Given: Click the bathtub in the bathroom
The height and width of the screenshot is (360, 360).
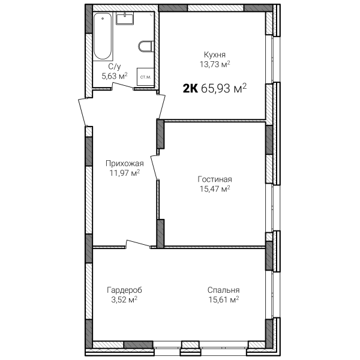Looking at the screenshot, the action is click(x=103, y=37).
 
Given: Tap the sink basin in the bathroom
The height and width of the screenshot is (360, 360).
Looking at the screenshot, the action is click(x=125, y=19).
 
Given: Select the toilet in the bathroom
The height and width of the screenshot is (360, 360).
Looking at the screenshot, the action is click(x=146, y=46).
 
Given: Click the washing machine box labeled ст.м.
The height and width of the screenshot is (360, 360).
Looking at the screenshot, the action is click(x=145, y=77).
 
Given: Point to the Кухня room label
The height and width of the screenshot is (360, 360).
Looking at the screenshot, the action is click(x=215, y=55).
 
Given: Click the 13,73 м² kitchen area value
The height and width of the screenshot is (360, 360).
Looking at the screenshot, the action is click(x=215, y=64).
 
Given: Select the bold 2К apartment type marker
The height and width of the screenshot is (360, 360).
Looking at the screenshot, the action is click(x=190, y=88).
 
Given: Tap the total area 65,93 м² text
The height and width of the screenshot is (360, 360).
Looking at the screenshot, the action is click(x=224, y=88).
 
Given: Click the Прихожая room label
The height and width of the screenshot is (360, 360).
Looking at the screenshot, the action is click(x=125, y=163).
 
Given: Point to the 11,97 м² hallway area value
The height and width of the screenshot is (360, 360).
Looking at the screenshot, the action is click(x=125, y=173).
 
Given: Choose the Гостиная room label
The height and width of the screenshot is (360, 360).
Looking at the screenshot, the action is click(x=215, y=179).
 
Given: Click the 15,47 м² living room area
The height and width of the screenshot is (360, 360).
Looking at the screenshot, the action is click(x=215, y=189).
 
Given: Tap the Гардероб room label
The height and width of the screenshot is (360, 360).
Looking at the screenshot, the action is click(x=124, y=290).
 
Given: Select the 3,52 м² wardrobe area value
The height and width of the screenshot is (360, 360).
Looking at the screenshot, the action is click(x=124, y=299).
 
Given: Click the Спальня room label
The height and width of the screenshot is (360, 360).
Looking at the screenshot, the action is click(x=223, y=290).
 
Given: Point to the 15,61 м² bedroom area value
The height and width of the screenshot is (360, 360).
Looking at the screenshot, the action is click(x=224, y=299).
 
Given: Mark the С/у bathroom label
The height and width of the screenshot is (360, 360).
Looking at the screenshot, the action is click(x=115, y=67).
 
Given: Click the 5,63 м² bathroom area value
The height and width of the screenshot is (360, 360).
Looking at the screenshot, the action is click(x=115, y=76).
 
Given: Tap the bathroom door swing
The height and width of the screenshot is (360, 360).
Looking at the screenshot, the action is click(x=122, y=85).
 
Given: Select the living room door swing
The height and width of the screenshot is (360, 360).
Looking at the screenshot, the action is click(x=155, y=166).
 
